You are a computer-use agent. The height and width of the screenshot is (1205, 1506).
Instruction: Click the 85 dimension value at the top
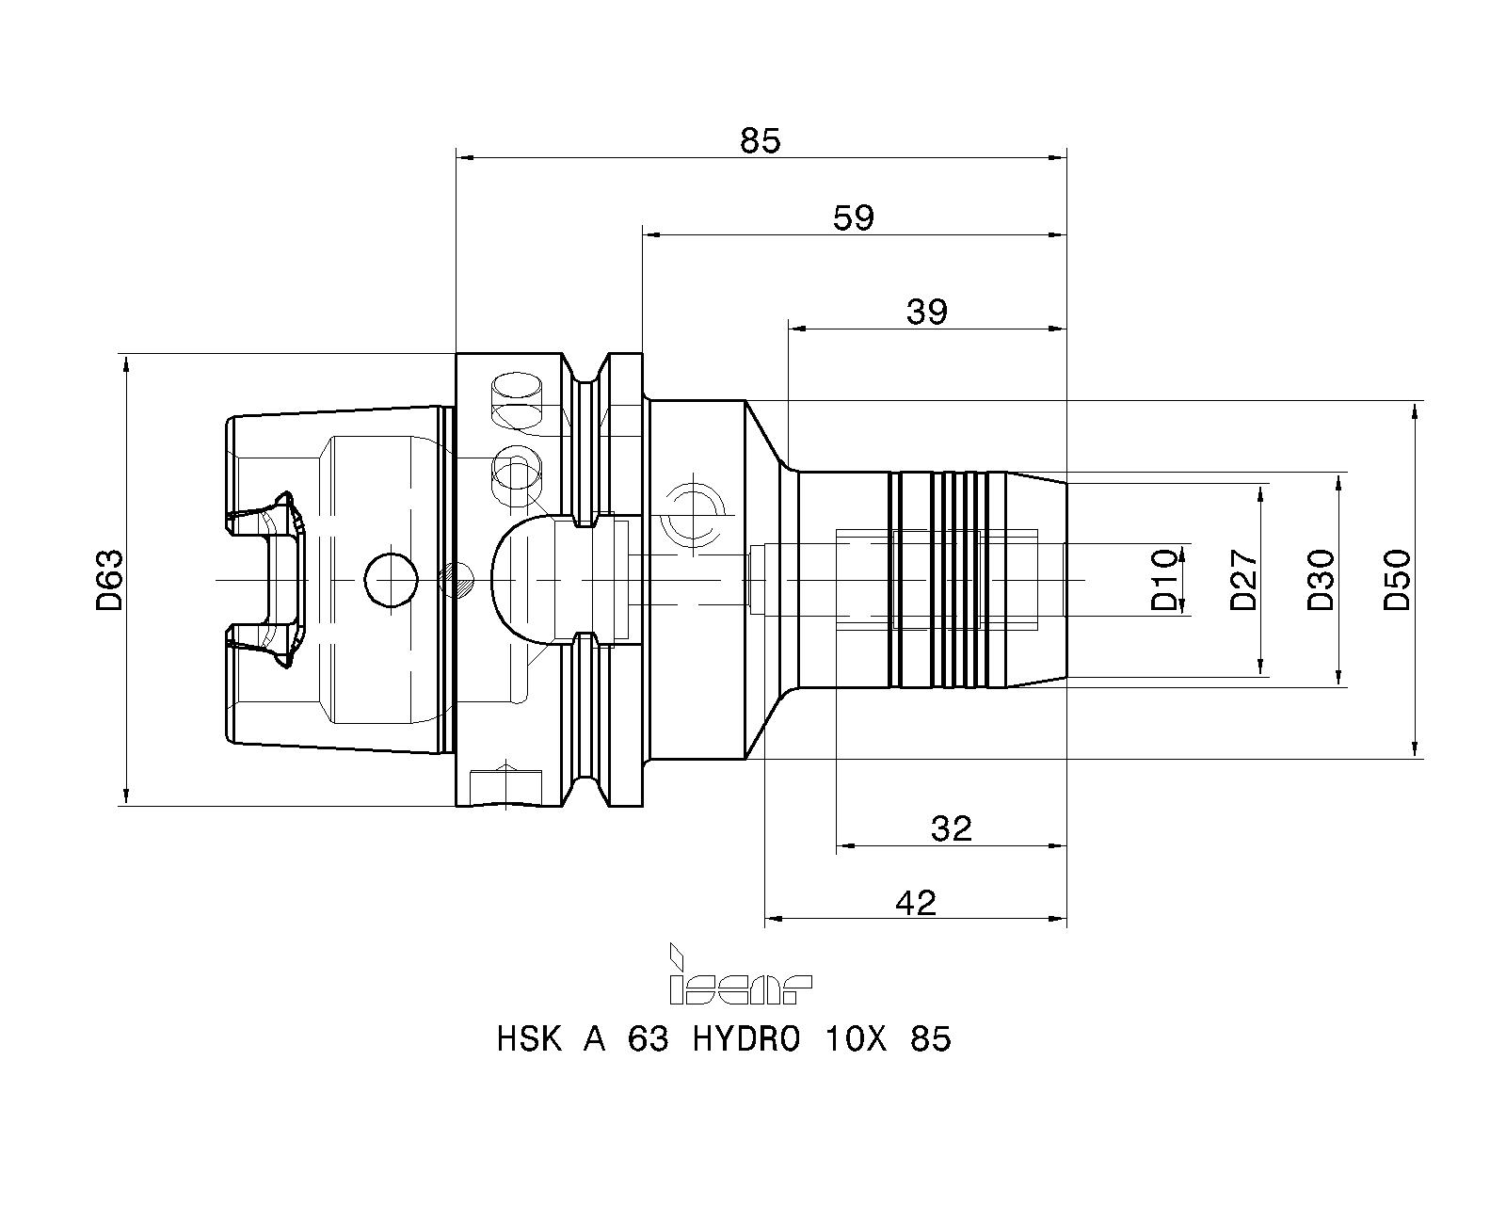(x=760, y=140)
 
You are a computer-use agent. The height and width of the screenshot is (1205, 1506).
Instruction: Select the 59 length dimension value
(x=854, y=218)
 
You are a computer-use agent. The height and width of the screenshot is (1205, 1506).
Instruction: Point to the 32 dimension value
(x=951, y=829)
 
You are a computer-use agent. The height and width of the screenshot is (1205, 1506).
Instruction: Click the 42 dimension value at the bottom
(x=915, y=903)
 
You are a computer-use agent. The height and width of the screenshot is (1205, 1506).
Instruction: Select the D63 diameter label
(x=110, y=581)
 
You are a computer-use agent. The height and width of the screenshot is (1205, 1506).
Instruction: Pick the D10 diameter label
(x=1165, y=581)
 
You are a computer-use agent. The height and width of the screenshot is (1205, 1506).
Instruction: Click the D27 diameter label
(x=1243, y=581)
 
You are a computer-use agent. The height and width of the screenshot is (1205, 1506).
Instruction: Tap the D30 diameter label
(x=1321, y=581)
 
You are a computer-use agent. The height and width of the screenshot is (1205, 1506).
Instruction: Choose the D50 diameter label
(x=1398, y=581)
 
